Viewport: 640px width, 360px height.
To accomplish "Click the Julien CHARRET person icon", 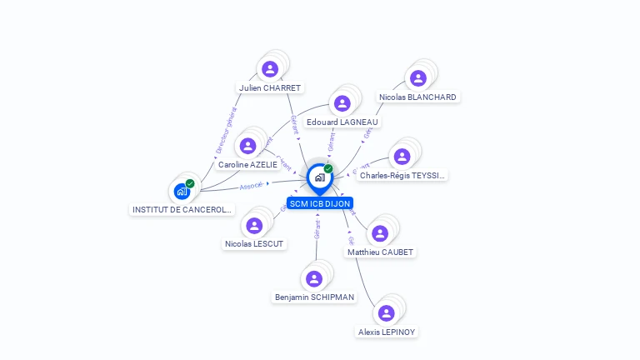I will (x=269, y=69).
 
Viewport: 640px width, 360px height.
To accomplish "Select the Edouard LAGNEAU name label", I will (x=342, y=122).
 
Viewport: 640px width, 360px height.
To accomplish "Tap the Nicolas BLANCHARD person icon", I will (x=418, y=78).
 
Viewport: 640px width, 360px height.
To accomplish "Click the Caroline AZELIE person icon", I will (x=247, y=147).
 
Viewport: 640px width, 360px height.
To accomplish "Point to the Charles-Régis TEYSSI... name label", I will (x=402, y=176).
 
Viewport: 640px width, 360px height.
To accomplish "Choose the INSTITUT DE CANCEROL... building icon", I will (x=182, y=192).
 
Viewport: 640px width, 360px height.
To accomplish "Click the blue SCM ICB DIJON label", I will (x=320, y=203).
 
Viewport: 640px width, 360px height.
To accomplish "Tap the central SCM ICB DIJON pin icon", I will (x=319, y=177).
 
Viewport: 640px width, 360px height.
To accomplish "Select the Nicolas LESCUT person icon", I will (x=254, y=226).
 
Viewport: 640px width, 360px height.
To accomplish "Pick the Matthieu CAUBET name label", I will (x=380, y=252).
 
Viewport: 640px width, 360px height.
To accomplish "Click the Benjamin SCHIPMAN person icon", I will (x=314, y=279).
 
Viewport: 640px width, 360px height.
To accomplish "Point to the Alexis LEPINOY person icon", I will (x=386, y=313).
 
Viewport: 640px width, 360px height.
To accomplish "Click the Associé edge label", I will (x=252, y=186).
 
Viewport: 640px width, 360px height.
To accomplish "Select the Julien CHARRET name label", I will (x=269, y=87).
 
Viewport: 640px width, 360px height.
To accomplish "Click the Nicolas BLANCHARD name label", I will (x=417, y=97).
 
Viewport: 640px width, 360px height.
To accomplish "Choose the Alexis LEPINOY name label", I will (x=387, y=332).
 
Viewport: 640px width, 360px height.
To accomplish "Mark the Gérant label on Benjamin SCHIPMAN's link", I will (x=317, y=230).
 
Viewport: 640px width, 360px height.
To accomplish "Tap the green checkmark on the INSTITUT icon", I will (x=190, y=183).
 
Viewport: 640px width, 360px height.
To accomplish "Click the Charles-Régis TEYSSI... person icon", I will (x=402, y=157).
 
